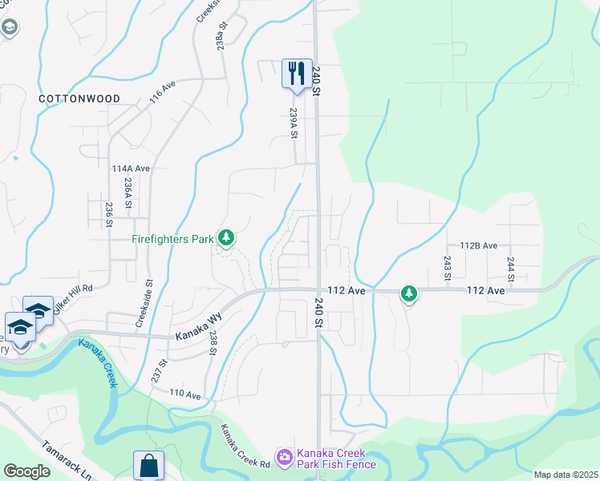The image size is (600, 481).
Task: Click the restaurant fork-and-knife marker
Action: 297,74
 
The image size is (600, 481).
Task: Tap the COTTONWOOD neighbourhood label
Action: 79,99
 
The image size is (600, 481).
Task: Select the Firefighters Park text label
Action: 173,238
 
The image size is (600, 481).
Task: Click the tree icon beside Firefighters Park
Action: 227,238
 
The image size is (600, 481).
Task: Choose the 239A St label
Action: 294,123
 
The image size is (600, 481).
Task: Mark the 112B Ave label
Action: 479,245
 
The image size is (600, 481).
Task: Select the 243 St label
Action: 447,268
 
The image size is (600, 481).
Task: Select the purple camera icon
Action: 284,458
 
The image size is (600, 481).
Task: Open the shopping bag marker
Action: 148,465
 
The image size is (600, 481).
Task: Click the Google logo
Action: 27,471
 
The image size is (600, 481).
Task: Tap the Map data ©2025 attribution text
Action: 566,475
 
